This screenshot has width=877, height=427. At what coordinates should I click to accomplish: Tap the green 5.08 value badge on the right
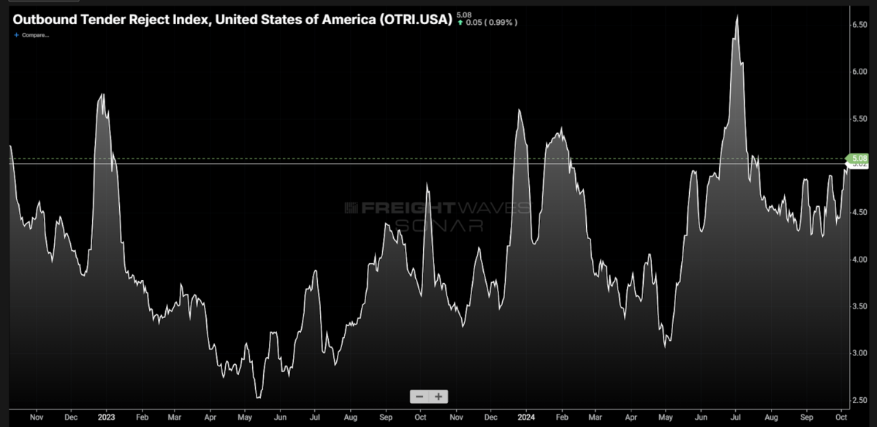859,158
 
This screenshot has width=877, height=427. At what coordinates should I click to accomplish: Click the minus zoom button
419,396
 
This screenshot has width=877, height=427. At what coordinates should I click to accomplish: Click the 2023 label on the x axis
106,417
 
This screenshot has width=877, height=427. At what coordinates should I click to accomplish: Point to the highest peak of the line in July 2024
737,16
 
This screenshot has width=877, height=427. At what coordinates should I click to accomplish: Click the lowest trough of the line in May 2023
257,398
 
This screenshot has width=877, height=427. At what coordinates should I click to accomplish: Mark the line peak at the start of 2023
102,94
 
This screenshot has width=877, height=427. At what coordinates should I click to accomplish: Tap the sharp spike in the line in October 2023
427,184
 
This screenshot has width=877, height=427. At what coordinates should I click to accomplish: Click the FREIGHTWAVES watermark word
436,208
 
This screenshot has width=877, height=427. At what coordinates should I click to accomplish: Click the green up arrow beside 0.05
460,23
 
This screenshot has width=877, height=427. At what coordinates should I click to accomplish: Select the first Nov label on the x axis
35,417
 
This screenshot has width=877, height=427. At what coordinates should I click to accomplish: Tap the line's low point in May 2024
665,346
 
